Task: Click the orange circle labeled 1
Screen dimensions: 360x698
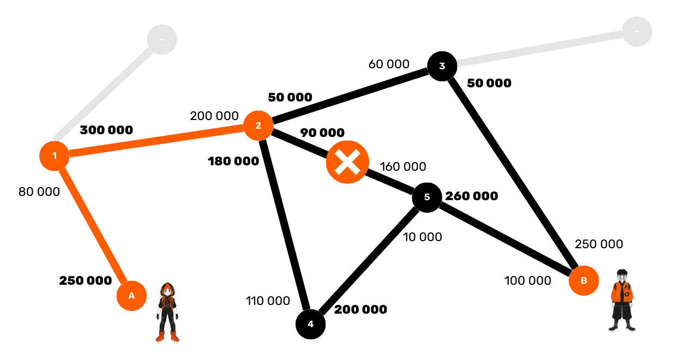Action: point(54,156)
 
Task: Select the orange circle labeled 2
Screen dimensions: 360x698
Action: point(258,125)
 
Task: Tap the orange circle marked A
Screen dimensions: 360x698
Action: point(131,296)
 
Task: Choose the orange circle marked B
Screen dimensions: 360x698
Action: point(583,281)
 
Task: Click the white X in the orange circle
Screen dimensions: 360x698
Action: point(347,162)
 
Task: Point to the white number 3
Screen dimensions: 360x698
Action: point(442,67)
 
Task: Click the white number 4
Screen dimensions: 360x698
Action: point(310,325)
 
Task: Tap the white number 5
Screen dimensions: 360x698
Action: point(427,197)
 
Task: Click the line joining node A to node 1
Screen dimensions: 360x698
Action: point(93,226)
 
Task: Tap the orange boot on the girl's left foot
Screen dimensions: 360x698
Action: point(174,337)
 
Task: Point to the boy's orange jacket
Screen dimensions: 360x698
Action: point(622,292)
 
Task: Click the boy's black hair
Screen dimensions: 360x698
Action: point(621,271)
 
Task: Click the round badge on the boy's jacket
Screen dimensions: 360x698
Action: point(627,295)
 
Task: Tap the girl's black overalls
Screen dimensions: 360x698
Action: point(167,314)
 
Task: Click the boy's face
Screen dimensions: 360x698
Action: point(621,277)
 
